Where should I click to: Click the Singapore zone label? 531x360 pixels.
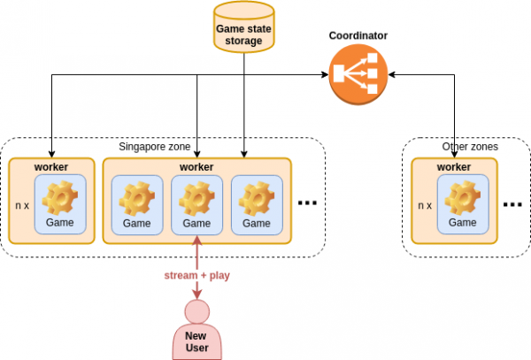coord(155,146)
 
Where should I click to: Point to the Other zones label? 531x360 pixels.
coord(470,146)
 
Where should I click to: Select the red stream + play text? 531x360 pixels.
coord(196,274)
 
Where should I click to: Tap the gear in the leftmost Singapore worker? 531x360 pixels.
coord(59,196)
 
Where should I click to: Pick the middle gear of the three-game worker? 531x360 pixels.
coord(196,196)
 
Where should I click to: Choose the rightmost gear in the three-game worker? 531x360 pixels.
coord(257,196)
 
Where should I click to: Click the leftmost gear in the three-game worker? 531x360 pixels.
coord(136,196)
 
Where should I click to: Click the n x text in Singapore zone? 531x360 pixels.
coord(23,205)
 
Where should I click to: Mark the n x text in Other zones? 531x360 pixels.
coord(424,205)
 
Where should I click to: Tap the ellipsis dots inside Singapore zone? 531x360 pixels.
coord(307,203)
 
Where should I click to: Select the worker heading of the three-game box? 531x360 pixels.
coord(196,166)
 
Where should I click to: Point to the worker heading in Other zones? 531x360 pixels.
coord(454,166)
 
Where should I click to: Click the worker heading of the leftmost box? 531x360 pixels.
coord(51,166)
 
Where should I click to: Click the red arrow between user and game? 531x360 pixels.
coord(196,257)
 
